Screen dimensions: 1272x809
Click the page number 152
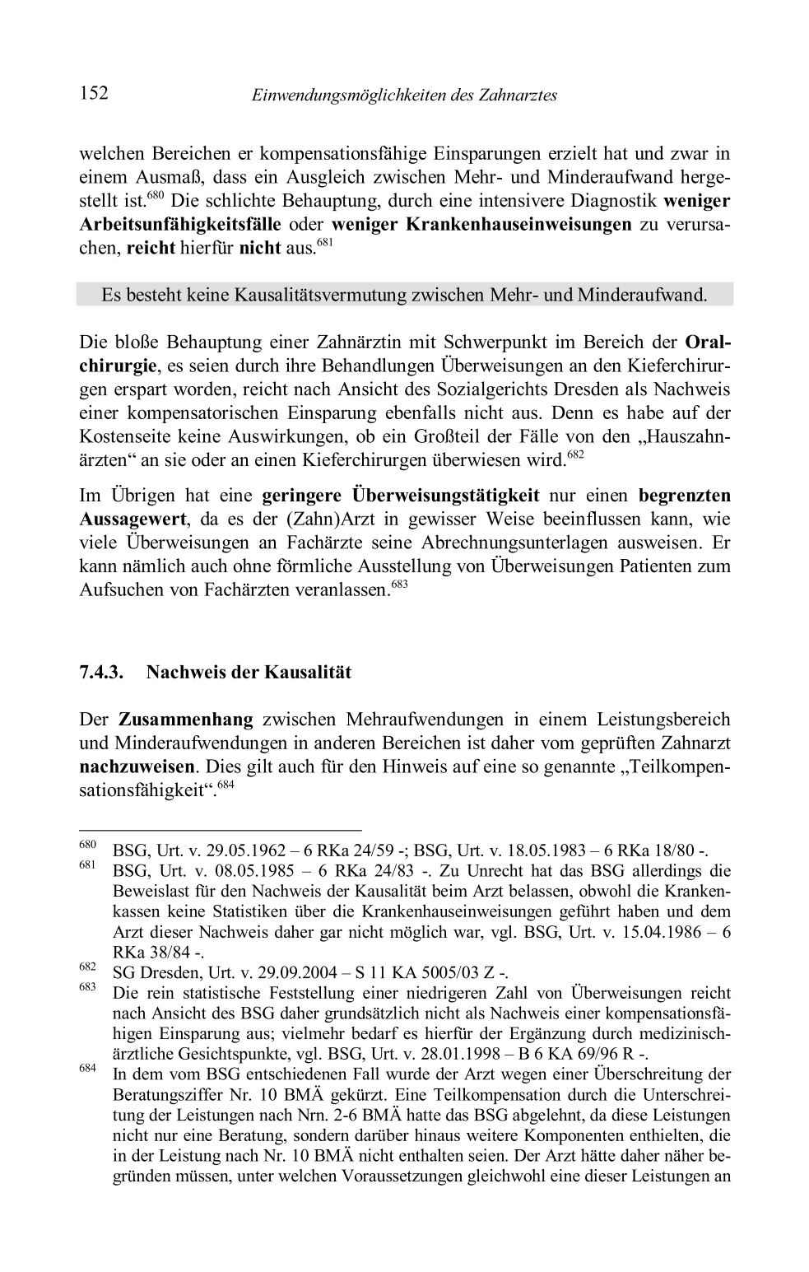click(94, 93)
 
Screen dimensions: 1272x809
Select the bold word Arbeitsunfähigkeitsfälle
click(180, 225)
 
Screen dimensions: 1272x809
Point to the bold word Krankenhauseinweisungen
click(518, 225)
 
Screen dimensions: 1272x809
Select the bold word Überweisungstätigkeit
click(445, 496)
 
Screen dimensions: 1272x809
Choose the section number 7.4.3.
click(101, 673)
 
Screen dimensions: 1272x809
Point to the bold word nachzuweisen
click(137, 766)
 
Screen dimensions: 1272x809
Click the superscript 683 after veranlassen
click(399, 585)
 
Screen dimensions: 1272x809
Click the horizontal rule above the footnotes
click(220, 831)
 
